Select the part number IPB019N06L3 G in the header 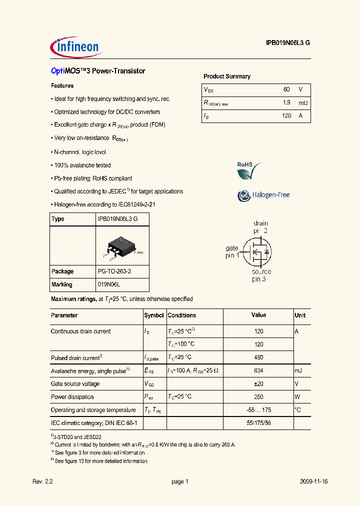[x=287, y=43]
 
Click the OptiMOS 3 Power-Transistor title [x=98, y=71]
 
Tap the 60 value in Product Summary [x=286, y=89]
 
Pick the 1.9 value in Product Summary [x=286, y=102]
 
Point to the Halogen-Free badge [x=263, y=195]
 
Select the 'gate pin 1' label [x=231, y=251]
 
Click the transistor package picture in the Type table [x=122, y=246]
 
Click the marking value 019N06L [x=109, y=284]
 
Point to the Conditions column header [x=182, y=315]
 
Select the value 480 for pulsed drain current [x=258, y=357]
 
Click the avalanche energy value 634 [x=258, y=370]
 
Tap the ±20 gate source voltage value [x=258, y=383]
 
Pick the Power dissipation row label [x=72, y=397]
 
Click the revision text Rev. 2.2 [x=42, y=481]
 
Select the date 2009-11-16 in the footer [x=313, y=481]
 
